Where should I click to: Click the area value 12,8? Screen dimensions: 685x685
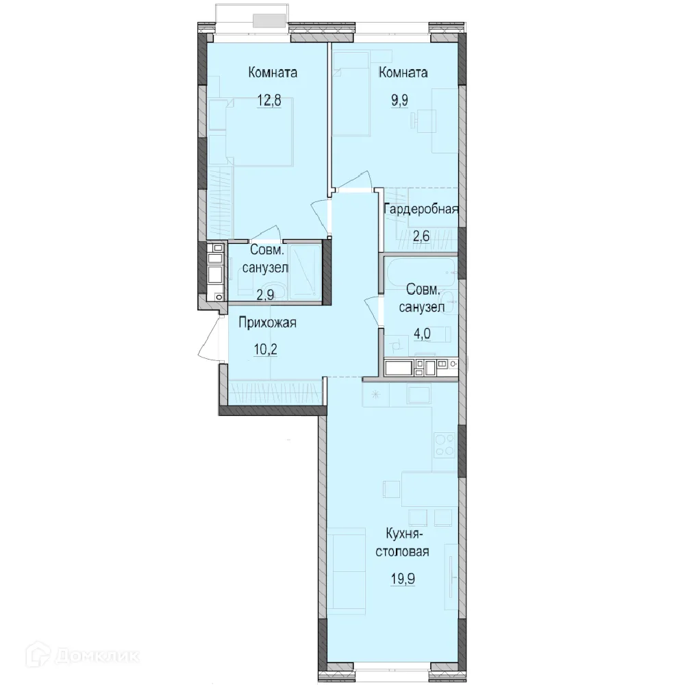click(x=269, y=101)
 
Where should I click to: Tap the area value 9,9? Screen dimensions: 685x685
click(x=399, y=101)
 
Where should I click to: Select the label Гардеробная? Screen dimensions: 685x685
click(x=421, y=209)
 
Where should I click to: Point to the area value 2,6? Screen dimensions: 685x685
click(x=421, y=236)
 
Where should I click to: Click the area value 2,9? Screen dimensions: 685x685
click(x=265, y=295)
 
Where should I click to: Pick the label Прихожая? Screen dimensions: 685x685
click(x=267, y=323)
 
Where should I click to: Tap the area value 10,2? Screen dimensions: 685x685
click(x=265, y=349)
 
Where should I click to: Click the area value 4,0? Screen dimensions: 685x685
click(x=422, y=334)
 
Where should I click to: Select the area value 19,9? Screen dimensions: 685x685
click(x=402, y=579)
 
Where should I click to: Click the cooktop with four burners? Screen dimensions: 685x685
click(x=445, y=445)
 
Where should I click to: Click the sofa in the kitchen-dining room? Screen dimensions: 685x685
click(x=346, y=571)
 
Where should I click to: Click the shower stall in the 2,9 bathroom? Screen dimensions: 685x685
click(x=305, y=272)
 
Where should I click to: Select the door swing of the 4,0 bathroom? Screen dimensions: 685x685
click(x=373, y=310)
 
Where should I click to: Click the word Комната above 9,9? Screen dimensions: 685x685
click(x=403, y=73)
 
